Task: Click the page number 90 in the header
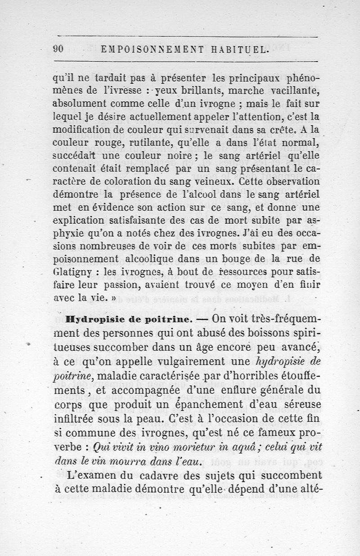58,50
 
